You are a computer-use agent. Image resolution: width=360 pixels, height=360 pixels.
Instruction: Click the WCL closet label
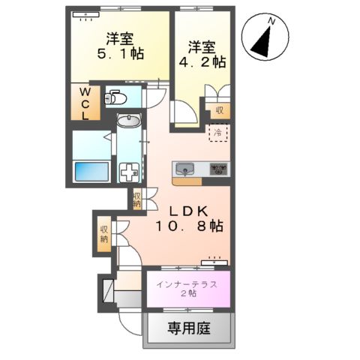(x=85, y=104)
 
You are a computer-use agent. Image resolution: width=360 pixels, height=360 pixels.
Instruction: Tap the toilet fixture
(x=115, y=97)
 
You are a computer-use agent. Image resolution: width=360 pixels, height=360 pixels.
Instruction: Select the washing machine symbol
(x=130, y=170)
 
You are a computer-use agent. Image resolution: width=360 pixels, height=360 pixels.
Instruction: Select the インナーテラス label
(x=187, y=283)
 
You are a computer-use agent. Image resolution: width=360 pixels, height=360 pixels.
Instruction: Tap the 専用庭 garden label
(x=187, y=328)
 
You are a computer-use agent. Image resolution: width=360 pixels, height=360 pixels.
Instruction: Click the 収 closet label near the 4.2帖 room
(x=220, y=110)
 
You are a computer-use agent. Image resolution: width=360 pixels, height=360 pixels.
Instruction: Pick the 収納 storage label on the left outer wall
(x=103, y=233)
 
